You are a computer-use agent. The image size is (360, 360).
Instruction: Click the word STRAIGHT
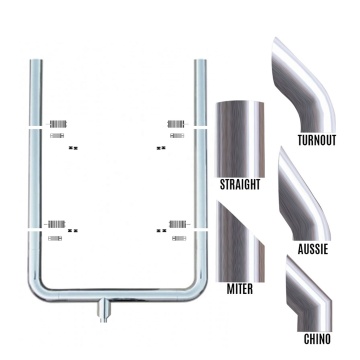pyautogui.click(x=240, y=185)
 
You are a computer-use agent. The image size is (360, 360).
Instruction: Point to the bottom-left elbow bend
pyautogui.click(x=42, y=286)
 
